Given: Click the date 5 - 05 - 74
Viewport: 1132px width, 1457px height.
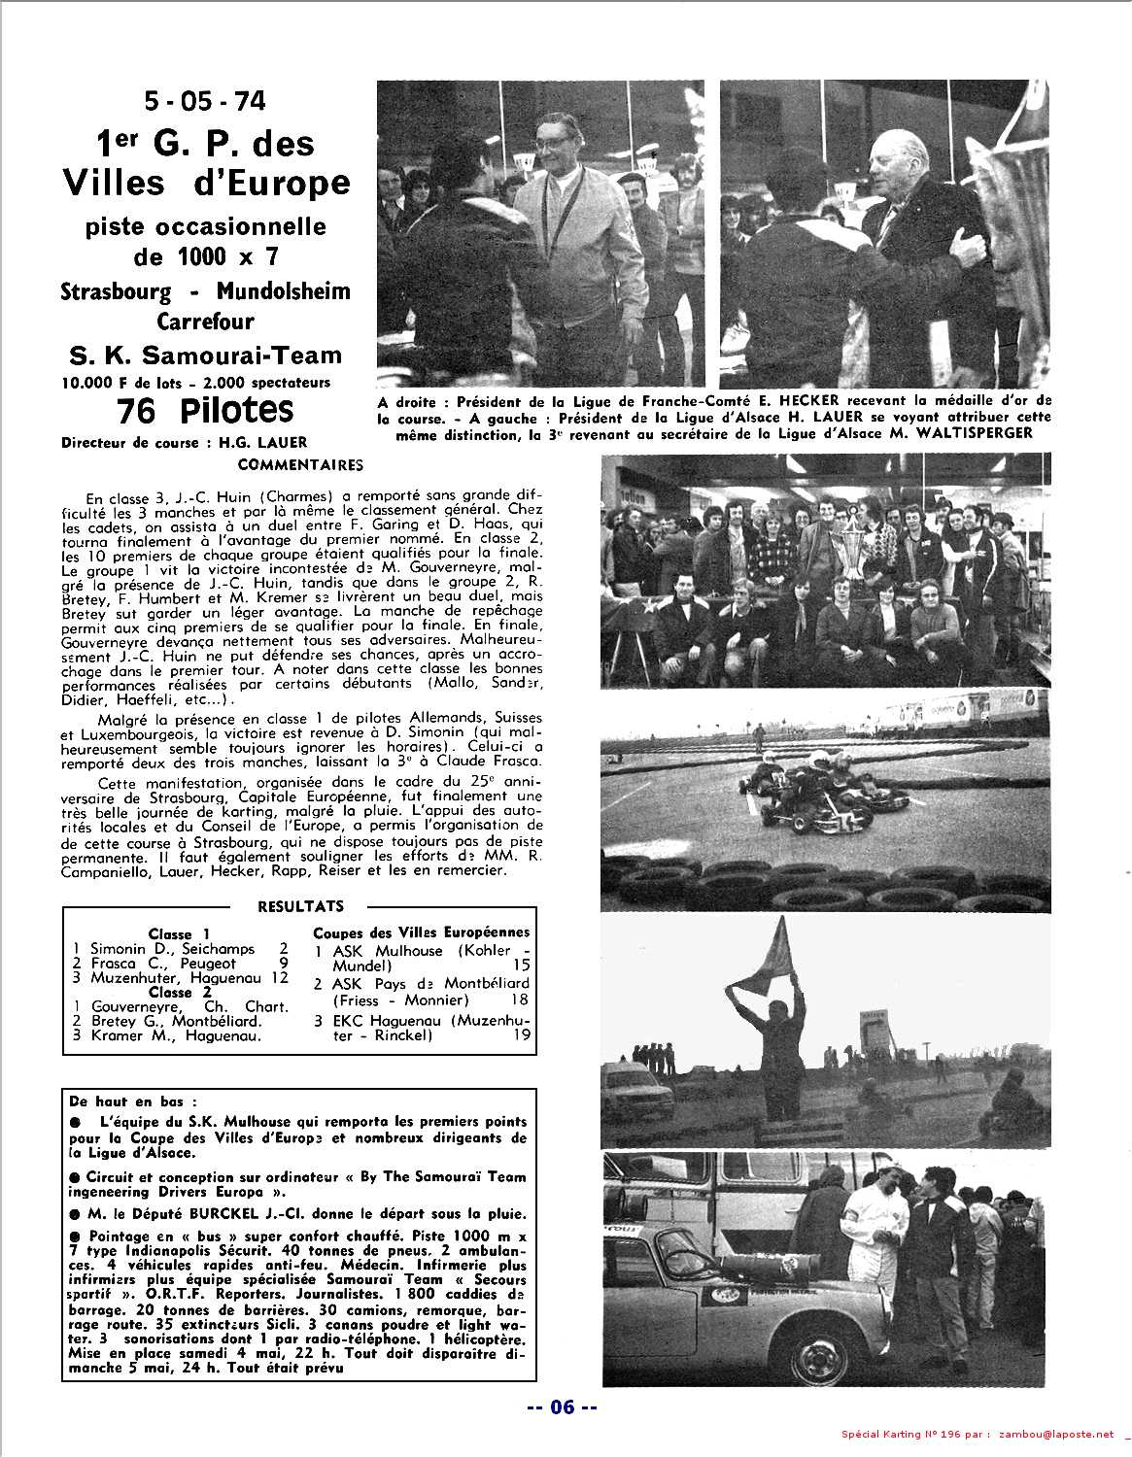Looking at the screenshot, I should point(203,101).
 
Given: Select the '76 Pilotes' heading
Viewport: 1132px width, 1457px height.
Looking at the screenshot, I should point(204,411).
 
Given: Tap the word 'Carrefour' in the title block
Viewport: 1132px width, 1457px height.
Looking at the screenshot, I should point(205,321).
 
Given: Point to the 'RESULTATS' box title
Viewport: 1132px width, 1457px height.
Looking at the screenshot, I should point(300,906).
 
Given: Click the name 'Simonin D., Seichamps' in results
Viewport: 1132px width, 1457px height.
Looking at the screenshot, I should point(172,948).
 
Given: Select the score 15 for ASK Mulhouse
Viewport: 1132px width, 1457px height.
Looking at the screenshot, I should point(521,966).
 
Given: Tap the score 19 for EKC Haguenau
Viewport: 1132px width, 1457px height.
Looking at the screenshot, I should point(521,1035).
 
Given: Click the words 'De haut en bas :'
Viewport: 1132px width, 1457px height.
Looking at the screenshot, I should point(132,1102).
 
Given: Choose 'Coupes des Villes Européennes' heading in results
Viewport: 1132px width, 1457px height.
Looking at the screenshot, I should point(422,932).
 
